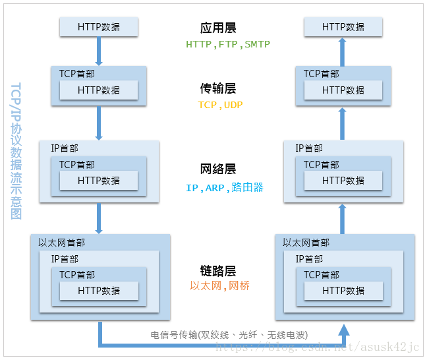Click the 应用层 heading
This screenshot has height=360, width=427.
(x=218, y=28)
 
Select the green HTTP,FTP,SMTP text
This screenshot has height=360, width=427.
(x=227, y=45)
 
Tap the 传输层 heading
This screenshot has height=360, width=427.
(x=218, y=88)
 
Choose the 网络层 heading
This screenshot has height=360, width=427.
(x=218, y=169)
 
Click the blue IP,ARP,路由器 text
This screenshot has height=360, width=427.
(x=224, y=187)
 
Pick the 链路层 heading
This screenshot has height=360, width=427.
(x=218, y=270)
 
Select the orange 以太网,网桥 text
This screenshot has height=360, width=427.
(x=219, y=286)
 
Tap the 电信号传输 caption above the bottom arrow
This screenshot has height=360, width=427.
(x=229, y=334)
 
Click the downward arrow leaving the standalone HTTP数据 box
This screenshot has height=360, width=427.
(x=99, y=49)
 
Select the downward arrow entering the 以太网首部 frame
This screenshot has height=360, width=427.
(x=99, y=218)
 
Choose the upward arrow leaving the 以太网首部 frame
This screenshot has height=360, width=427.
(x=343, y=218)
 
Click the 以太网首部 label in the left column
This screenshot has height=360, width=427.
(x=62, y=243)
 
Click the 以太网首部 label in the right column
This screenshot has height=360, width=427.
(x=306, y=243)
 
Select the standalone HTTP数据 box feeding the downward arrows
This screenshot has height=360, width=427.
(x=99, y=27)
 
